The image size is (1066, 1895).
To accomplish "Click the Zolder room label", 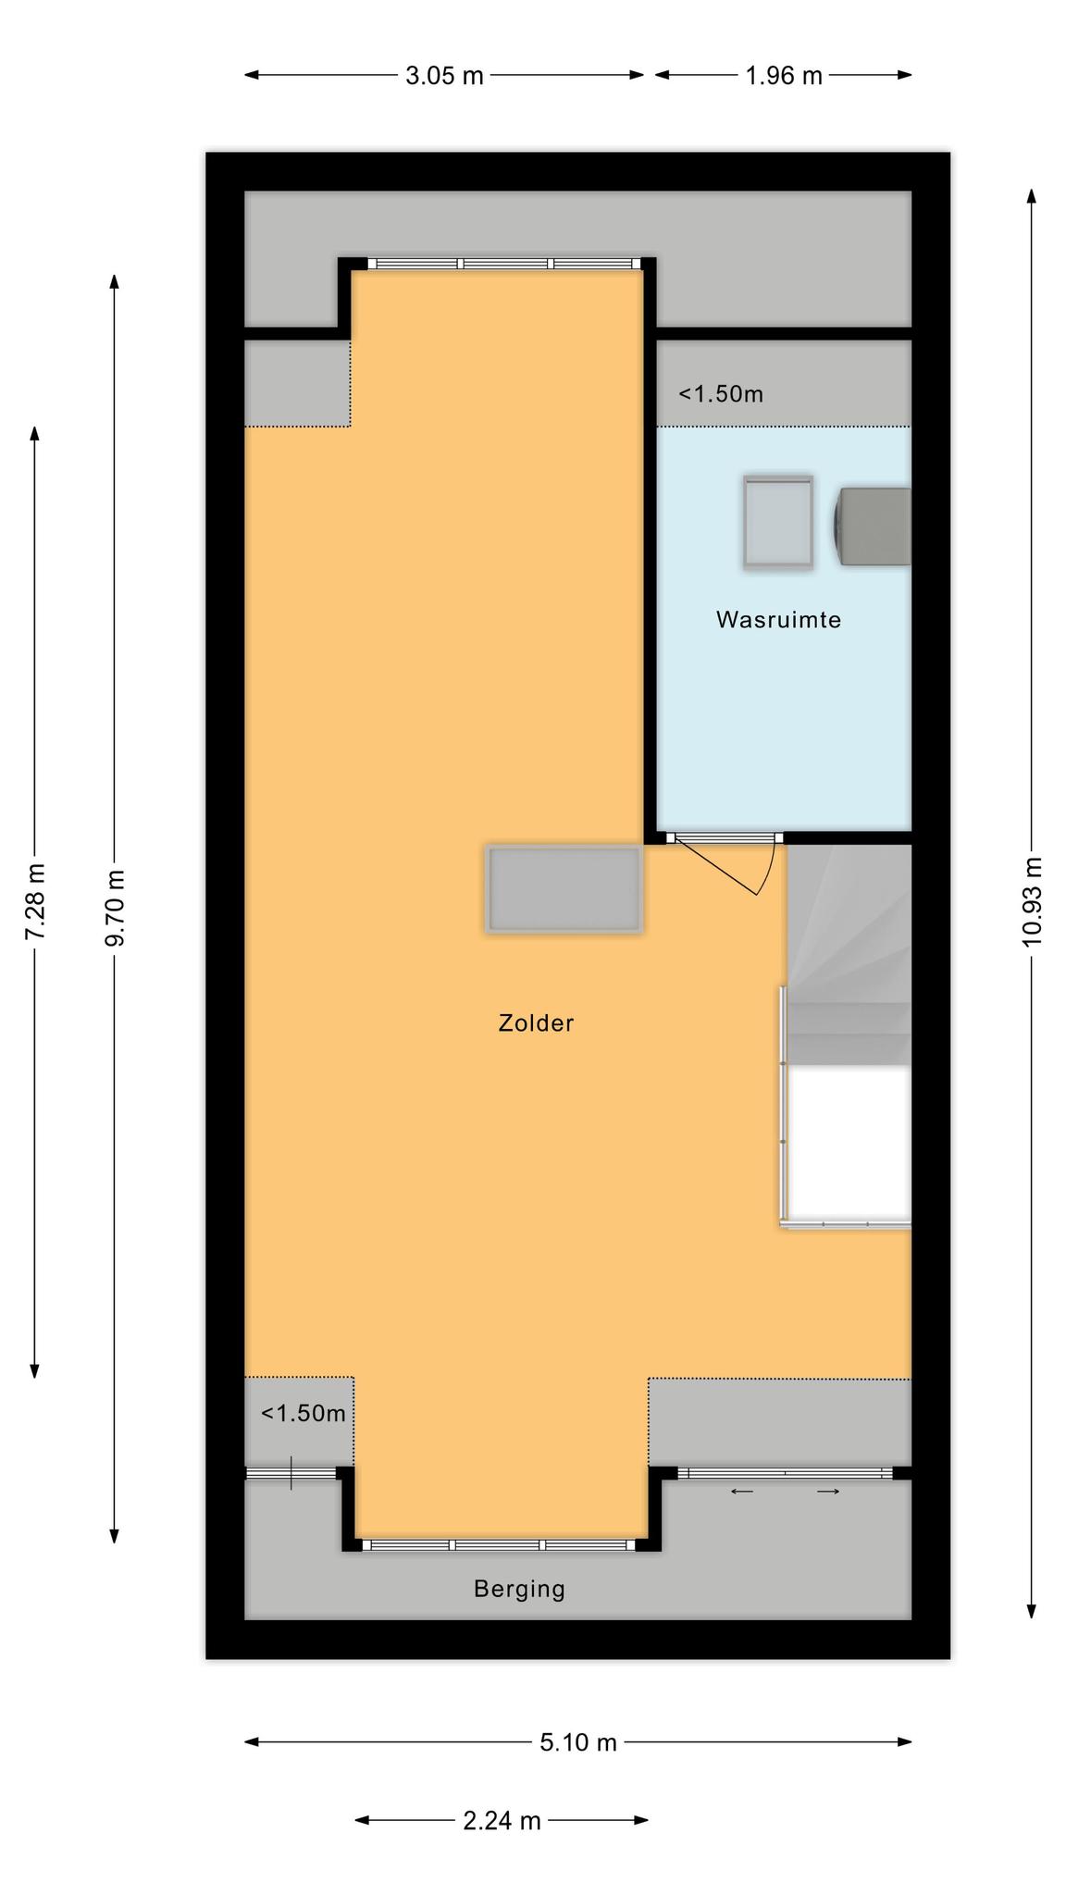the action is tap(536, 1022).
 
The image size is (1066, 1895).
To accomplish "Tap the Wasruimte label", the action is tap(778, 620).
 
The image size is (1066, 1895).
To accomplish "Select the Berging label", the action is tap(519, 1589).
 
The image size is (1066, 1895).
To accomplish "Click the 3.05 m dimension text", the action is tap(444, 76).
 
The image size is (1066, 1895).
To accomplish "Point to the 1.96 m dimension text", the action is tap(784, 76).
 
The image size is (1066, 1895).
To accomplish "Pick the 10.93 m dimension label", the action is tap(1032, 901).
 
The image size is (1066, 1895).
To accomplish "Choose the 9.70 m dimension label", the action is tap(115, 909).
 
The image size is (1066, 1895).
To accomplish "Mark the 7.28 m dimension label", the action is tap(35, 901).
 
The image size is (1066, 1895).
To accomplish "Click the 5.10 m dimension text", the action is tap(578, 1742).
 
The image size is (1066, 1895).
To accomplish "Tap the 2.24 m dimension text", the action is tap(502, 1820).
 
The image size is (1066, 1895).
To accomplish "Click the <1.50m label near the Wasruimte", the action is tap(721, 394).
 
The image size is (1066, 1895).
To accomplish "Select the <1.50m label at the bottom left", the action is tap(304, 1413).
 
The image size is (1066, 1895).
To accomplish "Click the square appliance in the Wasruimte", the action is tap(778, 522).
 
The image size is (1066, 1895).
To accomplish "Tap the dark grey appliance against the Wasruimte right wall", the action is tap(874, 526).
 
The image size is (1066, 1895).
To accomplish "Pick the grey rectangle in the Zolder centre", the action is tap(564, 888).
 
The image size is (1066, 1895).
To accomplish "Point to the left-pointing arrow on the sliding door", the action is tap(742, 1491).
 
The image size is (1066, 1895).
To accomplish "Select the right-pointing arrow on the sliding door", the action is tap(828, 1491).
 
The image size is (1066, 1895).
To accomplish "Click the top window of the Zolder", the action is tap(504, 264).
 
